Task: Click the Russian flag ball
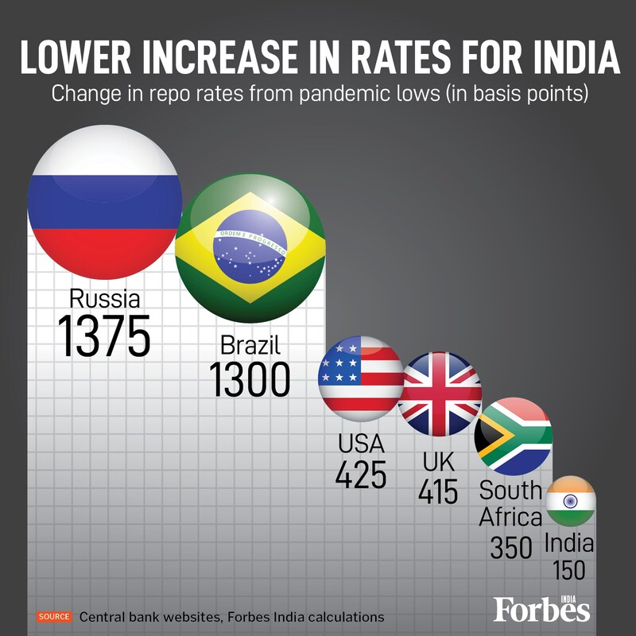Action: (x=105, y=205)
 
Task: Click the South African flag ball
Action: (x=514, y=437)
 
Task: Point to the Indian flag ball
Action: (x=571, y=501)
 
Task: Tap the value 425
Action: (x=360, y=475)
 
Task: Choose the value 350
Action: (x=510, y=547)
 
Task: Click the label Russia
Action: (x=105, y=299)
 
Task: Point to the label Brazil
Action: (x=250, y=344)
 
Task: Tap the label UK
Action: (x=439, y=461)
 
